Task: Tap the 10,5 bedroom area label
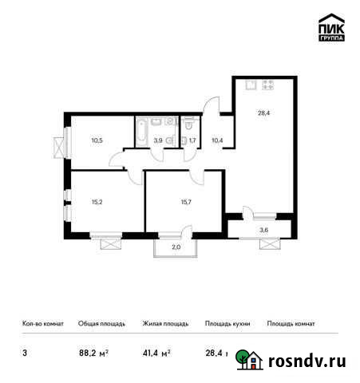(97, 140)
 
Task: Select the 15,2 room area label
(97, 202)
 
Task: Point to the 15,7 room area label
(176, 202)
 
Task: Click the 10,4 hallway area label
(217, 140)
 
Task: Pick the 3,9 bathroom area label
(158, 140)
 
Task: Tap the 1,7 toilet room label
(192, 140)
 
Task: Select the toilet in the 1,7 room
(187, 124)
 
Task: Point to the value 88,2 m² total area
(91, 351)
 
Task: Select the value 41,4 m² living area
(155, 351)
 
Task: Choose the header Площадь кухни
(227, 324)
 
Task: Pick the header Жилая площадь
(165, 324)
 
